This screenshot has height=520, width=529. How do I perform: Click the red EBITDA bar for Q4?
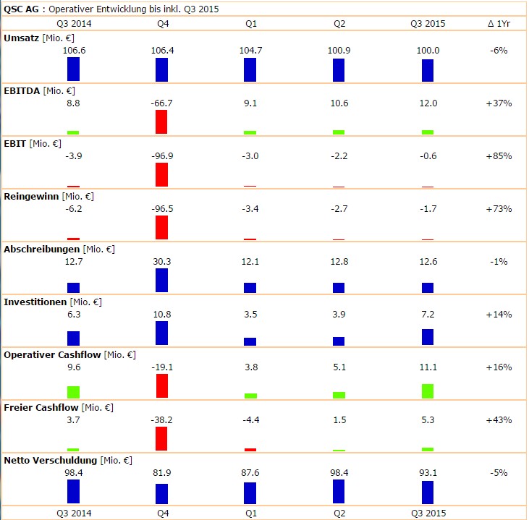(161, 122)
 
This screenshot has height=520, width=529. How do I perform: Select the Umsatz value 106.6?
(74, 50)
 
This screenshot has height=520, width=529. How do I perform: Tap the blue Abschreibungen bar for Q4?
(161, 281)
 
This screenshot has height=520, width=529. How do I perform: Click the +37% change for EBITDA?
(499, 103)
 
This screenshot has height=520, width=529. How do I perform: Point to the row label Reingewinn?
(31, 196)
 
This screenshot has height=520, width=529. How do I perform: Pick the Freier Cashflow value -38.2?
(162, 420)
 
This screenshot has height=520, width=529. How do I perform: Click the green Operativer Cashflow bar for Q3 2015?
(428, 391)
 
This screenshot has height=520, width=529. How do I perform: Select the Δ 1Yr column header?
(499, 23)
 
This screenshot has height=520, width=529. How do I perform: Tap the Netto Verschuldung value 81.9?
(162, 473)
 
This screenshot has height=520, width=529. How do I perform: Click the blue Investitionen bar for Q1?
(250, 341)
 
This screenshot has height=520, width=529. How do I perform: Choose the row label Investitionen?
(35, 302)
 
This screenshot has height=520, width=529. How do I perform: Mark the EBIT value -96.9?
(162, 156)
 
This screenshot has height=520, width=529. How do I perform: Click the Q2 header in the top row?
(339, 23)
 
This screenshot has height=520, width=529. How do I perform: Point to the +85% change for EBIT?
(499, 156)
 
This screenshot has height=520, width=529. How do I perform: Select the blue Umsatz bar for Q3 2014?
(73, 69)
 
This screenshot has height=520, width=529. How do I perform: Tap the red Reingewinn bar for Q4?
(161, 227)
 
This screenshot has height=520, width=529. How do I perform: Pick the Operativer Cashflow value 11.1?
(427, 367)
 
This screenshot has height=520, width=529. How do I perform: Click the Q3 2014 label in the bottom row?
(74, 513)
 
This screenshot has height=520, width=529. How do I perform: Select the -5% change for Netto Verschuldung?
(499, 473)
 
